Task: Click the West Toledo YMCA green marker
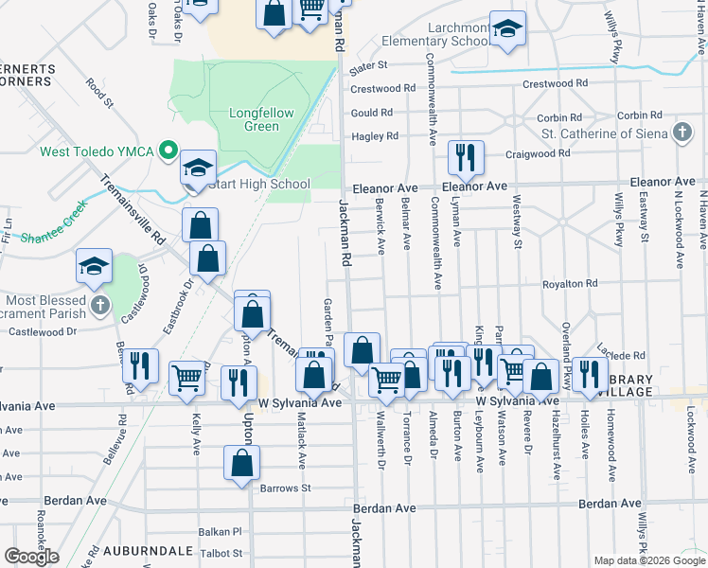coord(168,151)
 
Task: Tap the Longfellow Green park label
coord(261,119)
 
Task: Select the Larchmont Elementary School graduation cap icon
coord(508,29)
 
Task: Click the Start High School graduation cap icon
coord(199,169)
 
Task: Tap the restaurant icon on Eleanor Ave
coord(465,157)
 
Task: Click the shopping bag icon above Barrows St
coord(242,463)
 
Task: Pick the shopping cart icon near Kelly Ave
coord(187,378)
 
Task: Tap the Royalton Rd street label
coord(570,284)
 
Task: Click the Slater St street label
coord(369,66)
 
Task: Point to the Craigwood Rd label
coord(538,152)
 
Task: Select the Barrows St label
coord(285,488)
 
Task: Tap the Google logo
coord(32,557)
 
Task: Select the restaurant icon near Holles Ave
coord(589,374)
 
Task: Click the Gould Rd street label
coord(371,113)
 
